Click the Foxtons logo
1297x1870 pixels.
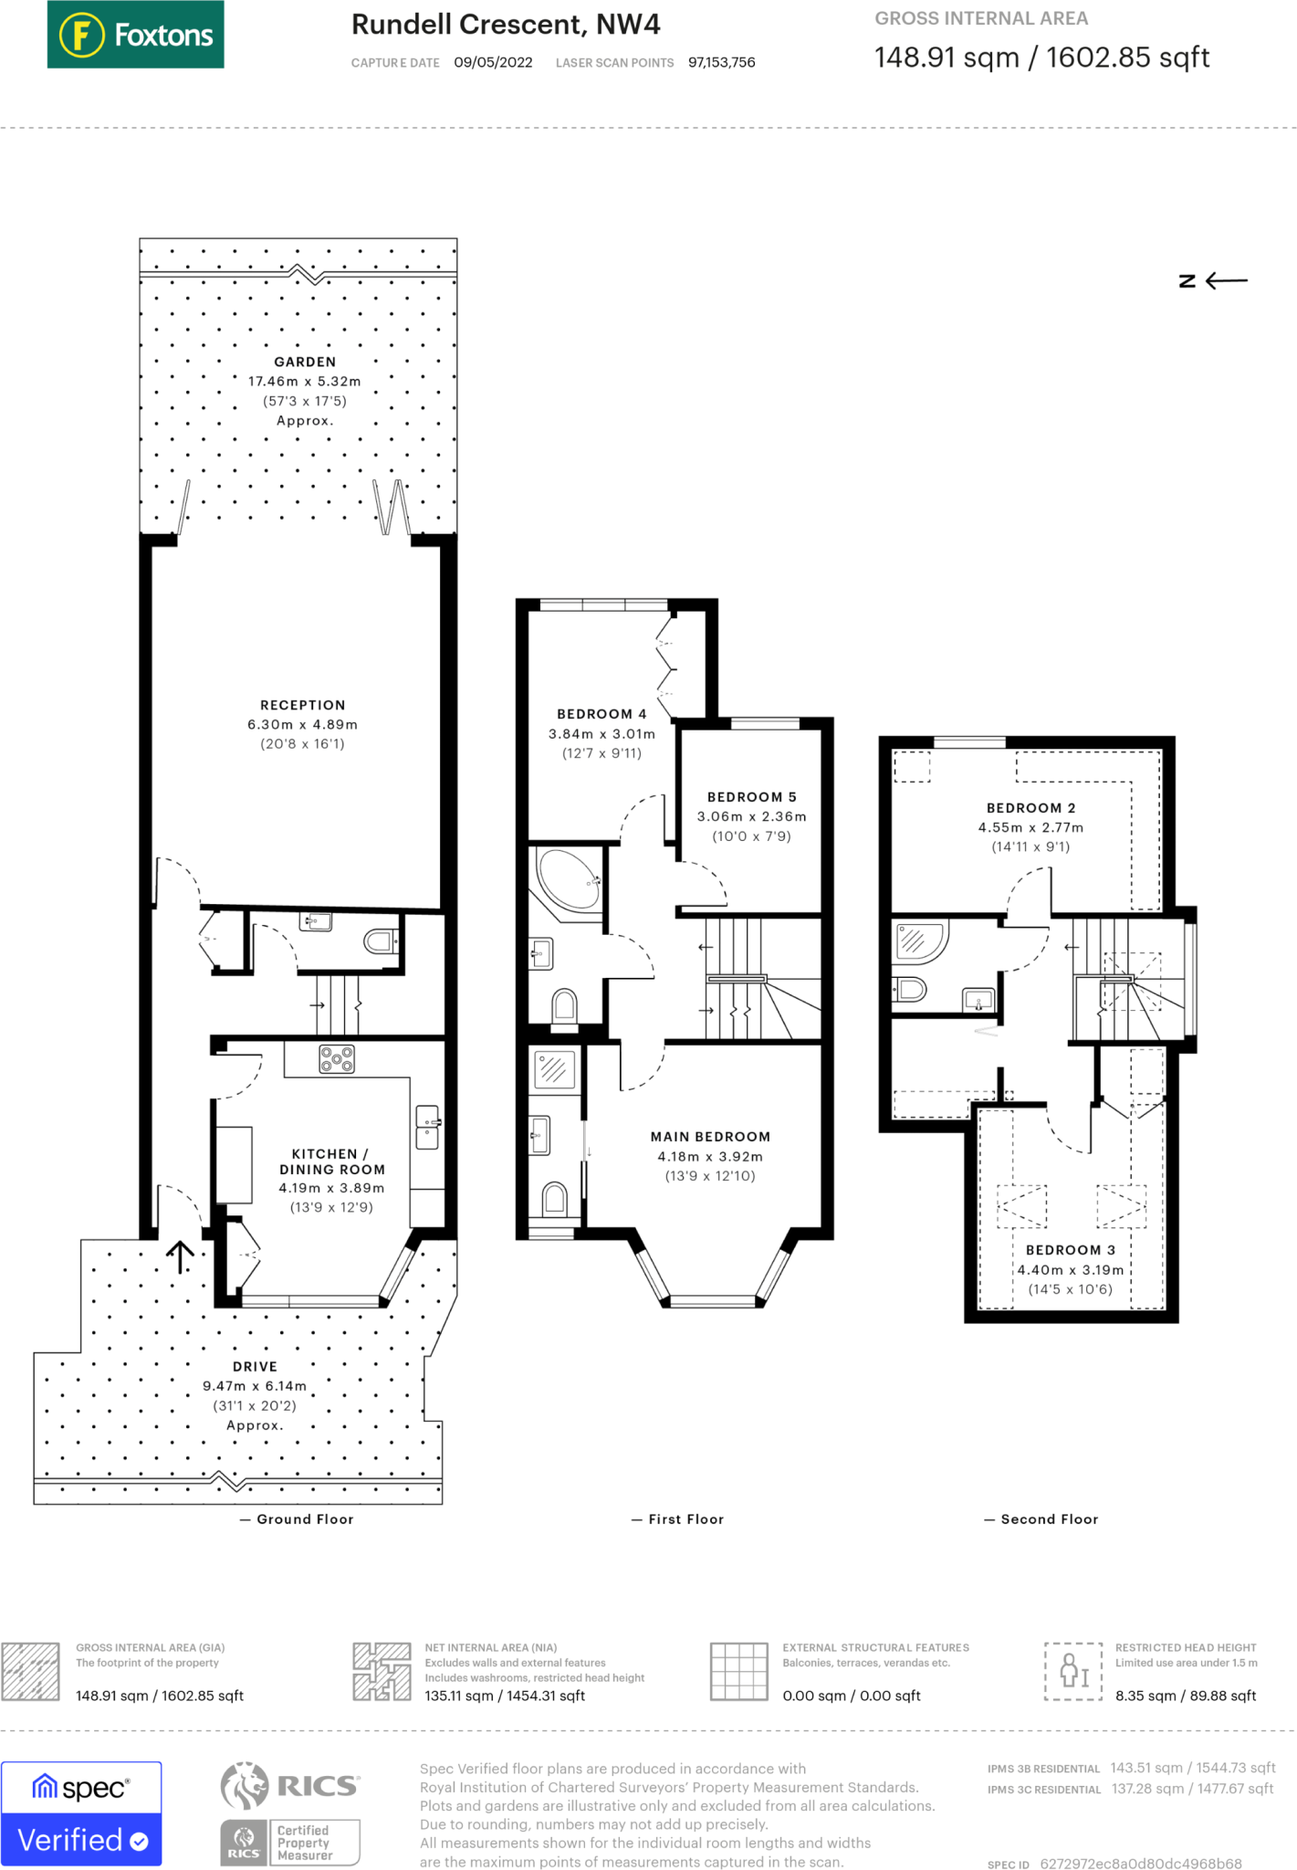pyautogui.click(x=136, y=35)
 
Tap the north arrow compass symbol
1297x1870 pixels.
pyautogui.click(x=1213, y=281)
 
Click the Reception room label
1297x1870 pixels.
pyautogui.click(x=303, y=705)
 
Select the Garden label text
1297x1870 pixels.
pyautogui.click(x=305, y=362)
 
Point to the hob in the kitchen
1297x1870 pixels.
pyautogui.click(x=337, y=1059)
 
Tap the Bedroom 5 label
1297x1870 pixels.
pyautogui.click(x=752, y=797)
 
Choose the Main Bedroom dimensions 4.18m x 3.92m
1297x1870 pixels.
pyautogui.click(x=710, y=1156)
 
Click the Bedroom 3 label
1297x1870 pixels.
pyautogui.click(x=1071, y=1250)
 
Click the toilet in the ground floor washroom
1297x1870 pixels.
pyautogui.click(x=380, y=940)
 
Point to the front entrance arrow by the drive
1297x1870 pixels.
pyautogui.click(x=181, y=1256)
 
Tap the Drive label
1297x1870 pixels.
pyautogui.click(x=255, y=1367)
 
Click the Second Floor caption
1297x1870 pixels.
pyautogui.click(x=1041, y=1519)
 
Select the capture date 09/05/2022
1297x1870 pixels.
pyautogui.click(x=493, y=62)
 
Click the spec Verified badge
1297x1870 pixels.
pyautogui.click(x=81, y=1813)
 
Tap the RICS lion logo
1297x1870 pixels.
pyautogui.click(x=244, y=1785)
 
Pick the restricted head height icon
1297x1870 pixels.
pyautogui.click(x=1074, y=1671)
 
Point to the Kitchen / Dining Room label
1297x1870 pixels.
pyautogui.click(x=331, y=1161)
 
